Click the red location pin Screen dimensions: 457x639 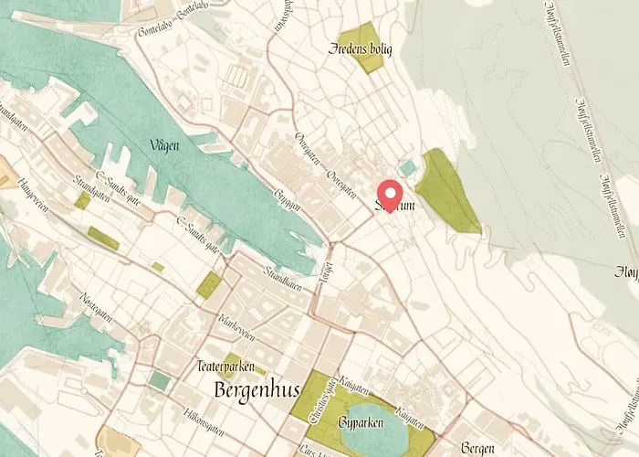coord(391,195)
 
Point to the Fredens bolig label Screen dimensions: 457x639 coord(360,48)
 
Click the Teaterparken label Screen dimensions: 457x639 coord(224,366)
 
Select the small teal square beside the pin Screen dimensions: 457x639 coord(407,167)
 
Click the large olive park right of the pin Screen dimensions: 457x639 coord(445,190)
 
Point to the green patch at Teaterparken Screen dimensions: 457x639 coord(231,362)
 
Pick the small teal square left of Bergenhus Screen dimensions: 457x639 coord(160,380)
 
